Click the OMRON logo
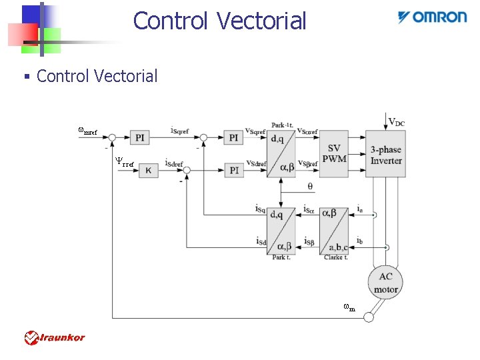[x=432, y=17]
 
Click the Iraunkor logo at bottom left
[x=55, y=337]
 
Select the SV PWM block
[x=333, y=154]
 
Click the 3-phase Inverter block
[x=385, y=154]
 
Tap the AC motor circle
[x=385, y=281]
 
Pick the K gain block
[x=148, y=170]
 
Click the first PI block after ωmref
[x=140, y=138]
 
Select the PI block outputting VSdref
[x=233, y=170]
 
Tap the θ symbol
[x=310, y=186]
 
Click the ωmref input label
[x=87, y=131]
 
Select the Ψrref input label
[x=124, y=162]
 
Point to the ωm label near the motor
[x=349, y=307]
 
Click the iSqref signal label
[x=179, y=131]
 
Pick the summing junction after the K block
[x=187, y=171]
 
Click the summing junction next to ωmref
[x=113, y=138]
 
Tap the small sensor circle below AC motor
[x=369, y=317]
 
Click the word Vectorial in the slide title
[x=262, y=21]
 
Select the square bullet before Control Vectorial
[x=27, y=77]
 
